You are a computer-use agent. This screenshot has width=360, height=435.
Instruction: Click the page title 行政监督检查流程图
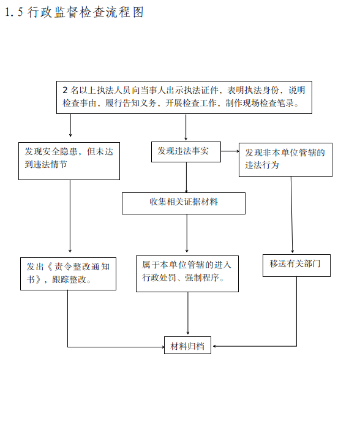tap(86, 12)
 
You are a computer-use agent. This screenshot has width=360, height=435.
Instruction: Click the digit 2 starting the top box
tap(65, 90)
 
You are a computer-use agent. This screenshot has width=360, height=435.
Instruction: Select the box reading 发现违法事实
tap(186, 152)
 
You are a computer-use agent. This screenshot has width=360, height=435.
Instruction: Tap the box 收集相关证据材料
tap(184, 203)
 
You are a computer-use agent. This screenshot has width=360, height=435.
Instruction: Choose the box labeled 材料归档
tap(187, 345)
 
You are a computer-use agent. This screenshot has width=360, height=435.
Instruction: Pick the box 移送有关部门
tap(296, 265)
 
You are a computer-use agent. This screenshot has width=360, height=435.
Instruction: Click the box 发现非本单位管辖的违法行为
tap(285, 160)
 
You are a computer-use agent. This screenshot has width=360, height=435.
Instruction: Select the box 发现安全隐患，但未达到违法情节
tap(69, 161)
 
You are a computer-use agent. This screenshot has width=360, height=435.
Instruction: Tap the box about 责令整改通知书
tap(68, 274)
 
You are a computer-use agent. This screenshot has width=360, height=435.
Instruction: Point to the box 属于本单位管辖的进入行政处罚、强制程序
tap(187, 274)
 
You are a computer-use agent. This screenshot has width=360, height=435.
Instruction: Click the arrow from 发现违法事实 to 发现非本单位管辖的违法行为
tap(230, 151)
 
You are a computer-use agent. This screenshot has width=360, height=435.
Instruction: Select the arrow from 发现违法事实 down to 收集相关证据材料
tap(186, 177)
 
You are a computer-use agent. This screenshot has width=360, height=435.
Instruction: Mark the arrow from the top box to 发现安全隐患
tap(70, 125)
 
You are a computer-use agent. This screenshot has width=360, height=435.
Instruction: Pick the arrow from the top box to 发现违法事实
tap(186, 127)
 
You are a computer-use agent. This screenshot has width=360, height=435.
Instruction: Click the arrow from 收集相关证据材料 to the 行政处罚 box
tap(187, 233)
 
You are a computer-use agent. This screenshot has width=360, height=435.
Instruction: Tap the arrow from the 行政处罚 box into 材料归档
tap(188, 313)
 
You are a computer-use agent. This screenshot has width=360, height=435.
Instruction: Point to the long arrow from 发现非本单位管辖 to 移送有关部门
tap(292, 214)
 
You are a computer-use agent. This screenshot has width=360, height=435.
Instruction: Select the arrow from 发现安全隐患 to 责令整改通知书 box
tap(70, 216)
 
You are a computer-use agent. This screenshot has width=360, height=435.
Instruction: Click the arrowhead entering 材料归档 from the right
tap(214, 346)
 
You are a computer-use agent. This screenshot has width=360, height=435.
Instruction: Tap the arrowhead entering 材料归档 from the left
tap(163, 347)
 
